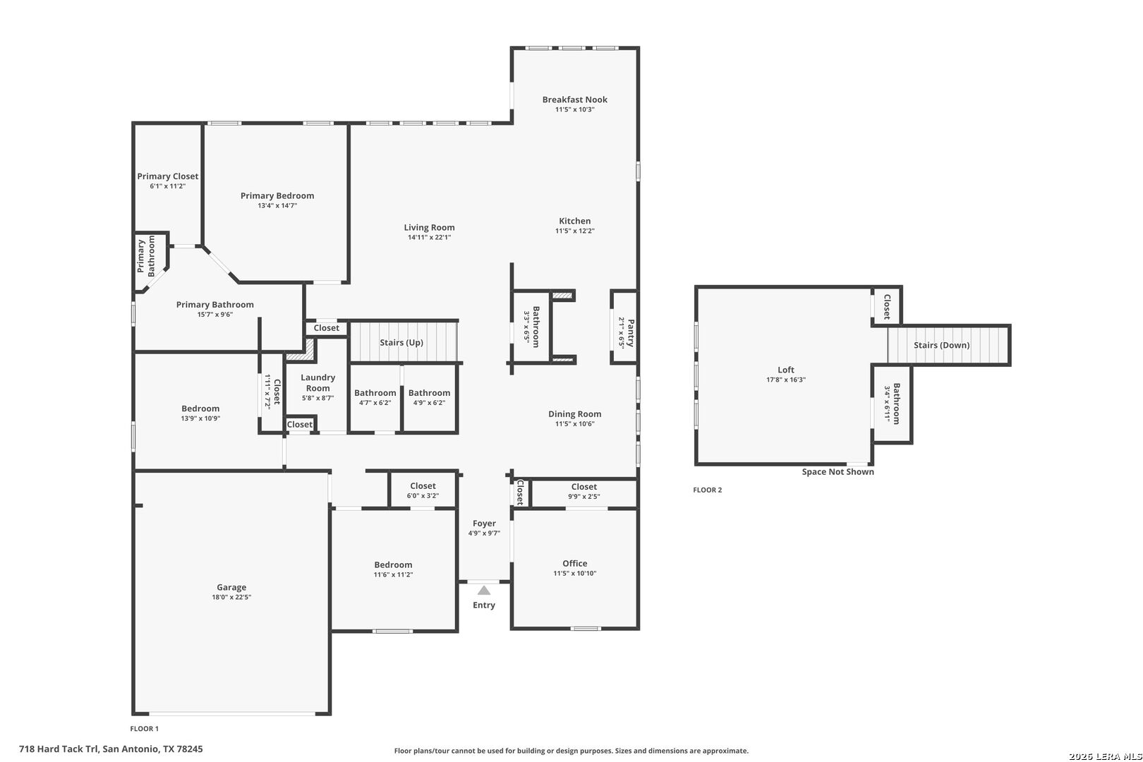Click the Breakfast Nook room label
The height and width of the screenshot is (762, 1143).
(574, 99)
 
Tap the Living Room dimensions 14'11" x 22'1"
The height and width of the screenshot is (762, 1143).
(429, 237)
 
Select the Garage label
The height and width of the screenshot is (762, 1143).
(231, 588)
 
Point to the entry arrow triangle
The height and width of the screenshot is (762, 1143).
(484, 591)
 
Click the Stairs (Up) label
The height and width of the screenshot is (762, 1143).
(401, 342)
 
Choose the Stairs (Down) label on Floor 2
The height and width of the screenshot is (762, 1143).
(941, 345)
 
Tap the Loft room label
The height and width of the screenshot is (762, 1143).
(786, 370)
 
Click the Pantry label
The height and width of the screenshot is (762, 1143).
(631, 333)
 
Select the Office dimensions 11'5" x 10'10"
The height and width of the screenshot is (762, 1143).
(574, 573)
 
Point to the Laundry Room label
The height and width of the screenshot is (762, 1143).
(318, 383)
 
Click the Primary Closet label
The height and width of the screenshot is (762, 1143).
(167, 176)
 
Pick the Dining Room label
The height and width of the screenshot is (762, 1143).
(574, 414)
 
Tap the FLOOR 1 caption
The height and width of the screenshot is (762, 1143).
(145, 729)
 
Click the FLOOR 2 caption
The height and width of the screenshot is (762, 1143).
(707, 490)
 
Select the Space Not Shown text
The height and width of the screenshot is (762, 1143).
(838, 471)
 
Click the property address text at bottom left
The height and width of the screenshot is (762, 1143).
(111, 749)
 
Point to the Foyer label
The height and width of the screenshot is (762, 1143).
(484, 523)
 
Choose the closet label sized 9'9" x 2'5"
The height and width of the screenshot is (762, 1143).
(583, 487)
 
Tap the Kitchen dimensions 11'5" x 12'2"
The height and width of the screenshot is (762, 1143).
(574, 231)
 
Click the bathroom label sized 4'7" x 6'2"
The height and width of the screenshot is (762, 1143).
(375, 392)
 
